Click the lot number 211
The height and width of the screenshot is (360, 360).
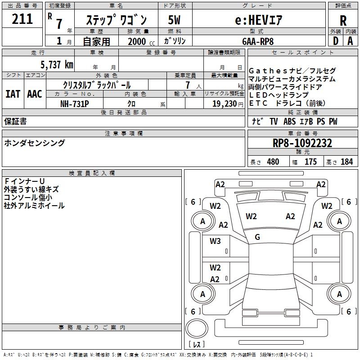[x=22, y=19]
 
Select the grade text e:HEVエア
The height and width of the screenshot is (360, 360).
[x=258, y=20]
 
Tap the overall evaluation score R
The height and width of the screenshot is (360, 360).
[x=343, y=21]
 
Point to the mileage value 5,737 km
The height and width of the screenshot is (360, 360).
[x=57, y=64]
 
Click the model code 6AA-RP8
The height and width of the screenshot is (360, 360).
[x=258, y=41]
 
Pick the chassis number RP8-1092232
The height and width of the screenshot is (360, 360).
[x=302, y=143]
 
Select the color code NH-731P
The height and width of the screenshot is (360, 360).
[x=75, y=104]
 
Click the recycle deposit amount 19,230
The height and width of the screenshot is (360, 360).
[x=225, y=104]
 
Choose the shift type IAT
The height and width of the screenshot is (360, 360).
[x=13, y=94]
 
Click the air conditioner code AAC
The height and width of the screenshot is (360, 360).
[x=35, y=94]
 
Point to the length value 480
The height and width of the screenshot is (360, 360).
[x=273, y=162]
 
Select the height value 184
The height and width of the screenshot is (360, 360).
[x=346, y=162]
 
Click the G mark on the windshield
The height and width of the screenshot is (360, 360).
[x=257, y=237]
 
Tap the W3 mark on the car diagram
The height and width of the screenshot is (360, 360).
[x=215, y=241]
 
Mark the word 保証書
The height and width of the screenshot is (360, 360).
[x=15, y=121]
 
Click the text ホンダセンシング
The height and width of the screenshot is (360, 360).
[x=35, y=143]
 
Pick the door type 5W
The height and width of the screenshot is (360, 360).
[x=174, y=20]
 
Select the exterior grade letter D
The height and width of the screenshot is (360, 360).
[x=335, y=41]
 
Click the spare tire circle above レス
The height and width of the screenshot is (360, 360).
[x=197, y=328]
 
